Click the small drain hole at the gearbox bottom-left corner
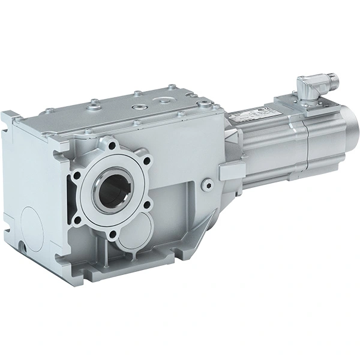tap(22, 247)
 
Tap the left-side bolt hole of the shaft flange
tap(75, 178)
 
